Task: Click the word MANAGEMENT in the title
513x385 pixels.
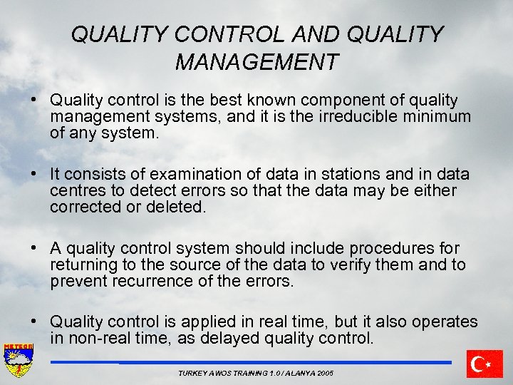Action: (256, 62)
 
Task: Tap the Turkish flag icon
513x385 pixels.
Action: (485, 364)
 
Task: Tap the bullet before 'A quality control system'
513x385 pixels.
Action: (34, 248)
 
